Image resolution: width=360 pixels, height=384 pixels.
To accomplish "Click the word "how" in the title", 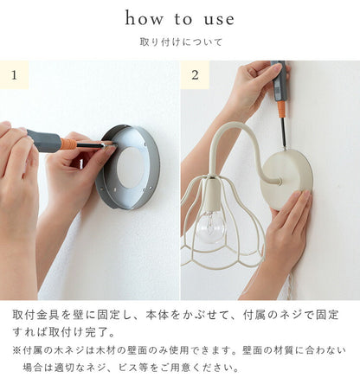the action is tap(144, 18).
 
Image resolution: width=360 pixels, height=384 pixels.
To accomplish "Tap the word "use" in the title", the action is tap(219, 20).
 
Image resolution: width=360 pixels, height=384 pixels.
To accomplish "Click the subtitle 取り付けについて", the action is tap(181, 42).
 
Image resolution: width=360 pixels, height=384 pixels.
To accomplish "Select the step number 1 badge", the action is tap(14, 75).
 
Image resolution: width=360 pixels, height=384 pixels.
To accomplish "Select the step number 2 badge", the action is tap(195, 75).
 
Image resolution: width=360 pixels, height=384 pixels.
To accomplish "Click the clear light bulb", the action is tap(210, 226).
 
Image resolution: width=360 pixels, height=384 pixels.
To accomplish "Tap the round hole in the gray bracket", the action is tap(131, 168).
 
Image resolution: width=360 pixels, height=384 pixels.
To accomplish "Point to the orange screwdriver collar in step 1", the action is tap(68, 144).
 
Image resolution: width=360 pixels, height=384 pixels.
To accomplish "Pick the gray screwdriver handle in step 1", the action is tap(44, 141).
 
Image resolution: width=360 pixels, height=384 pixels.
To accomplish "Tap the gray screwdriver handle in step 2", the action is tap(279, 81).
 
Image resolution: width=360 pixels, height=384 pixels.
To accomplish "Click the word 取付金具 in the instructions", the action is tap(36, 315).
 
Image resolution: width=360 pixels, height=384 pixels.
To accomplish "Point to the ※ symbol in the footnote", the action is tap(16, 350).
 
